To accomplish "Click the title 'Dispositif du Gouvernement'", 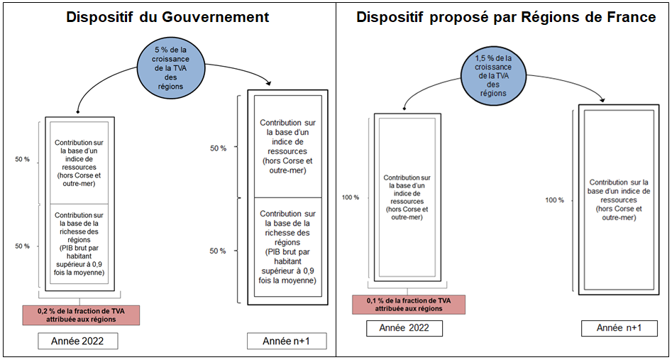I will [x=167, y=17].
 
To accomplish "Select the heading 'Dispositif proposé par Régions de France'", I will [x=505, y=17].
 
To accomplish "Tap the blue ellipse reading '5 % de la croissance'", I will [x=170, y=67].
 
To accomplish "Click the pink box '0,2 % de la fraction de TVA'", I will [x=82, y=315].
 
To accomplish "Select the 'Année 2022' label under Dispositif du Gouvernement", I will [x=78, y=342].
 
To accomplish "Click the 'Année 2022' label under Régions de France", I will [x=404, y=328].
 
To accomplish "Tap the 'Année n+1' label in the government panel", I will [x=287, y=342].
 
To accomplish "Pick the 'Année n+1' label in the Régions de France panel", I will [x=619, y=328].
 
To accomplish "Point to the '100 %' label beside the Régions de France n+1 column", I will [x=554, y=200].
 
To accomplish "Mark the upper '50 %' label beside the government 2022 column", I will [x=22, y=160].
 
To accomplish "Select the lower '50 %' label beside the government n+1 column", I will [x=218, y=251].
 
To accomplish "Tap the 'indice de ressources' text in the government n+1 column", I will [x=287, y=146].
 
